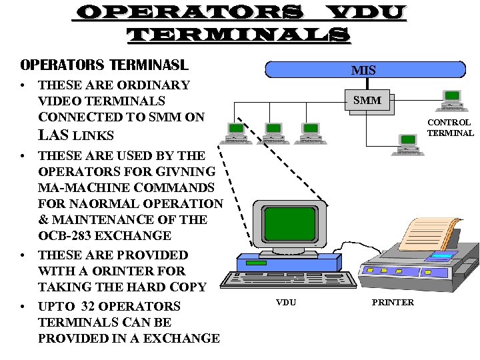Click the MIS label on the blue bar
click(x=364, y=70)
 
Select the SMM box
click(x=367, y=101)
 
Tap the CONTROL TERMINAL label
click(x=450, y=127)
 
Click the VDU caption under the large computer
click(x=286, y=303)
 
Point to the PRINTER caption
click(x=393, y=303)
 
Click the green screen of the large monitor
click(x=289, y=219)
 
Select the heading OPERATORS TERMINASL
click(x=105, y=65)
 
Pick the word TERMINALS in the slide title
click(x=238, y=35)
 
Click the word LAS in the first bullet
click(x=53, y=135)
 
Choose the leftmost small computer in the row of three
click(x=237, y=134)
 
